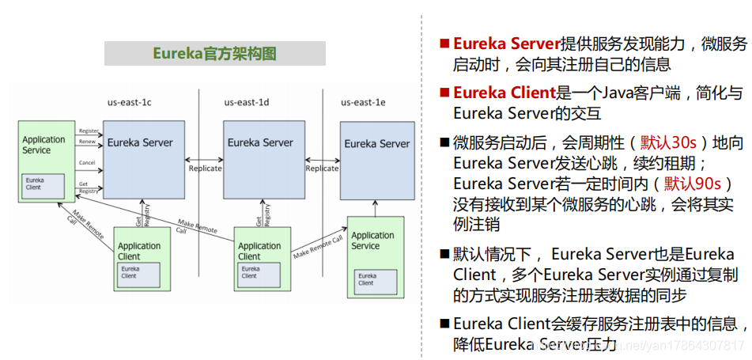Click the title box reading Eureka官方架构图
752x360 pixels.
(214, 54)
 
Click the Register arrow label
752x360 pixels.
(89, 131)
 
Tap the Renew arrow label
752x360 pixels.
(87, 142)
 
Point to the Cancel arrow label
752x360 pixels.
(87, 163)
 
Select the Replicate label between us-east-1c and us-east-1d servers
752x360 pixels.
(204, 169)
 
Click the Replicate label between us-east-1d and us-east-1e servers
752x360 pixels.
(322, 169)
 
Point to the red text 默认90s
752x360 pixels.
(692, 184)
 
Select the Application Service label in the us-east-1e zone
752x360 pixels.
(372, 241)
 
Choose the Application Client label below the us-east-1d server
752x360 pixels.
(259, 251)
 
